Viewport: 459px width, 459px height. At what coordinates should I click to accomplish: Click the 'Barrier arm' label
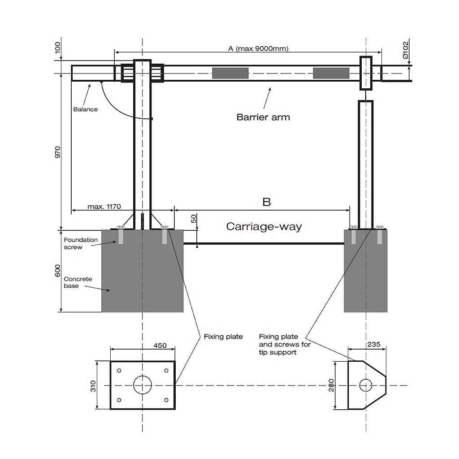pos(263,117)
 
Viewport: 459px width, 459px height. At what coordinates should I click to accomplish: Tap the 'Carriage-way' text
pos(264,226)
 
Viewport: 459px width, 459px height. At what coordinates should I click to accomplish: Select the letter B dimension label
pos(267,202)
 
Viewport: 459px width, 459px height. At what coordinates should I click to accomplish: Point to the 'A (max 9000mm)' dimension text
pos(258,48)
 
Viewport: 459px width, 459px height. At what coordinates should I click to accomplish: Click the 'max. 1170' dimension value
pos(104,206)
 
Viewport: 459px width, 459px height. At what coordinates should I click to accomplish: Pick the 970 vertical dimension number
pos(58,152)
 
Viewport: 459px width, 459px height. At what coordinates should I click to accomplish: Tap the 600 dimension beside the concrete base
pos(58,271)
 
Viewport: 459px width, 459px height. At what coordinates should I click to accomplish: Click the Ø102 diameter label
pos(405,50)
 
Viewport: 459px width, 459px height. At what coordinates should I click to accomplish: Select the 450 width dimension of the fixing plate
pos(160,346)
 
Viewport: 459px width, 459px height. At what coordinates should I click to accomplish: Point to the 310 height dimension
pos(93,386)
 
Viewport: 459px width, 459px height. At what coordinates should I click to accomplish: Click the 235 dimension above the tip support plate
pos(374,344)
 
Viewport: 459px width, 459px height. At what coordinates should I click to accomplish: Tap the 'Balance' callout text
pos(86,109)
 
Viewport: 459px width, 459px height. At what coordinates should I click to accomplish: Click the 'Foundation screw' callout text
pos(81,243)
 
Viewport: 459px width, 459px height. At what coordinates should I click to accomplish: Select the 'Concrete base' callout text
pos(78,282)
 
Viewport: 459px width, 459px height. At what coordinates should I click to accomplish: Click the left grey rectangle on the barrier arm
pos(230,73)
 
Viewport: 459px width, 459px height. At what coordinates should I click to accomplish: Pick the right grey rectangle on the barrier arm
pos(331,73)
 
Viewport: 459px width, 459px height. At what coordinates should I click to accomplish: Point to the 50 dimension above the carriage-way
pos(194,219)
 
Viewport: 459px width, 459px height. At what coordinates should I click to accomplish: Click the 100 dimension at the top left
pos(58,48)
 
